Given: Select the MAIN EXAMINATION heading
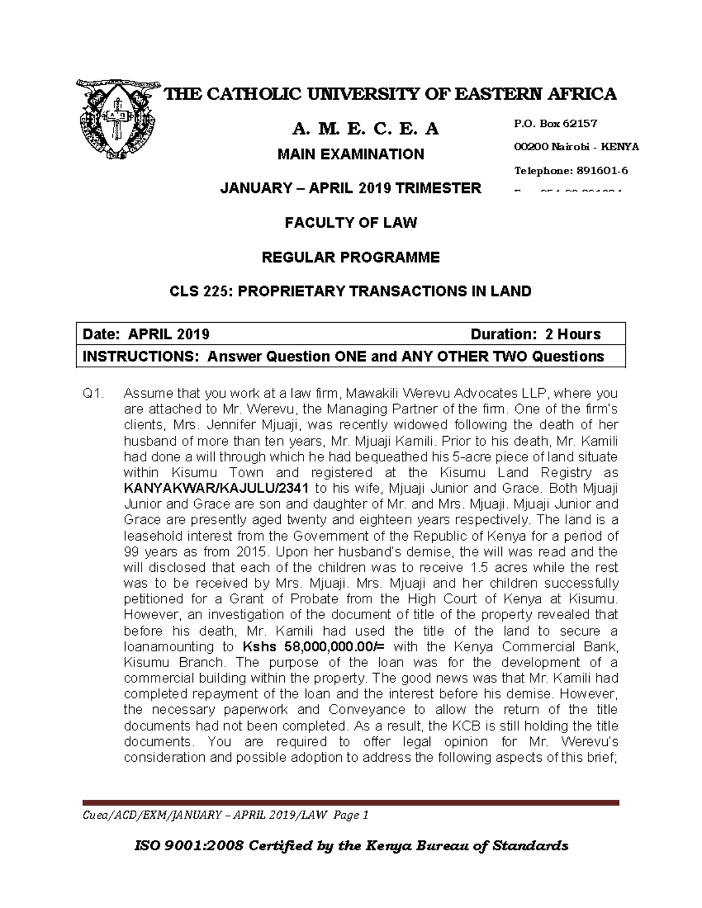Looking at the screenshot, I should [350, 154].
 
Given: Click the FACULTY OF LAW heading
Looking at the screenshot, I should [350, 223].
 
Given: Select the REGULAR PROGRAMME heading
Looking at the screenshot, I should [350, 257].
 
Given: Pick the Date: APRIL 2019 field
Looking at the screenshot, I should [146, 334].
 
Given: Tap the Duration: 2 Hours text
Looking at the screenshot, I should [535, 334].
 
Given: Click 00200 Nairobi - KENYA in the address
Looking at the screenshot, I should [575, 147].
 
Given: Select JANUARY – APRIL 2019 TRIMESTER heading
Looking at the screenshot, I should [350, 188].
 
